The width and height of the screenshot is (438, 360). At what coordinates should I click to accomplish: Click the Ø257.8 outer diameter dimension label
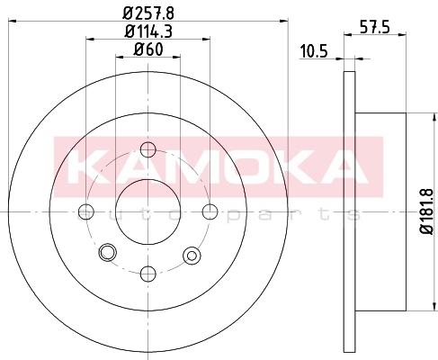(x=148, y=13)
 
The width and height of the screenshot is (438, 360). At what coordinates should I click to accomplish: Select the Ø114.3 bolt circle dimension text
(x=148, y=31)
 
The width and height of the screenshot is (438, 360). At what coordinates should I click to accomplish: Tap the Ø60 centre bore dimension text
(x=148, y=49)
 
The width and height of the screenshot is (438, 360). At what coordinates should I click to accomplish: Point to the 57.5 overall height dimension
(x=374, y=28)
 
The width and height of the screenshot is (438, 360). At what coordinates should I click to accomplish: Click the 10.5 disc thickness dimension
(x=314, y=51)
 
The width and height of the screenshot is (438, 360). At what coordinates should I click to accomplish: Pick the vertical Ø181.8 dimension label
(x=427, y=211)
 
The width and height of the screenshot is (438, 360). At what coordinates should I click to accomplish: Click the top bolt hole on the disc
(x=148, y=149)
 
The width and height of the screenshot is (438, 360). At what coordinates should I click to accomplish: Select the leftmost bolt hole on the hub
(x=86, y=211)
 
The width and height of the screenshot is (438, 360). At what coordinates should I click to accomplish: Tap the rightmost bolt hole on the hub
(x=210, y=211)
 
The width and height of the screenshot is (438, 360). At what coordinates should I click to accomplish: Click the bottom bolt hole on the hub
(x=148, y=274)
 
